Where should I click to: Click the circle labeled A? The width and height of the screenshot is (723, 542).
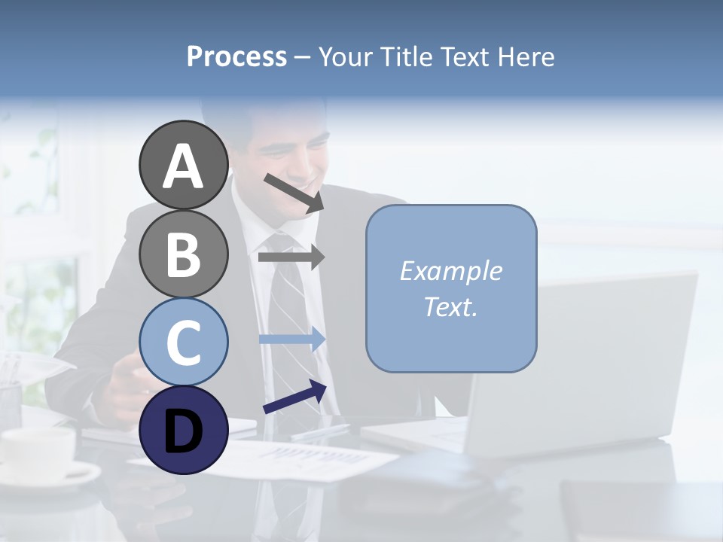183,166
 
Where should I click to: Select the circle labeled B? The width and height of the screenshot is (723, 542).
183,254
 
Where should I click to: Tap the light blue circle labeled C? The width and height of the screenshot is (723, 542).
183,342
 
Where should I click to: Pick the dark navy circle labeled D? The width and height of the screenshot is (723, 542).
183,430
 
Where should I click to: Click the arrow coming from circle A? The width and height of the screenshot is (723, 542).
293,193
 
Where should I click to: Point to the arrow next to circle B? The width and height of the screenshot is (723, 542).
291,257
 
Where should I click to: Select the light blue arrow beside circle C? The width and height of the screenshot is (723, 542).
291,339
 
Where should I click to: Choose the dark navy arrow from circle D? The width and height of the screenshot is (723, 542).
294,397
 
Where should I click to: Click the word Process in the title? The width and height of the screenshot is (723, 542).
236,57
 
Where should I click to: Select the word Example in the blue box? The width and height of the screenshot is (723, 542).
450,271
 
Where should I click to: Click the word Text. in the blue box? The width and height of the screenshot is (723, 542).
450,306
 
